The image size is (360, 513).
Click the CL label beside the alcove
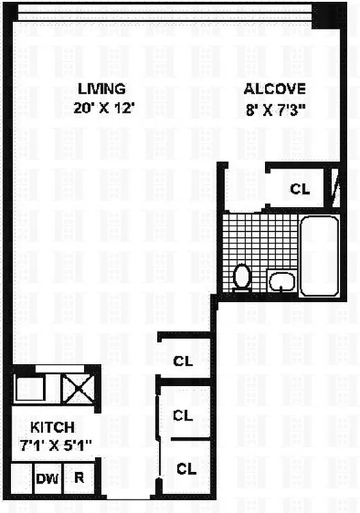300,189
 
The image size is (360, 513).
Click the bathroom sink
282,281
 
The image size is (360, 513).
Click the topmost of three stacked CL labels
184,361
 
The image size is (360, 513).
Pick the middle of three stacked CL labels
184,415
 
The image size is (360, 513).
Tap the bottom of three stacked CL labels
186,469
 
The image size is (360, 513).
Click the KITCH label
53,428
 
